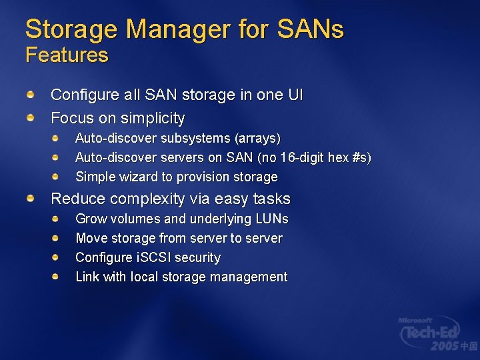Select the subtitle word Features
(67, 55)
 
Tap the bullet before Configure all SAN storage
(31, 95)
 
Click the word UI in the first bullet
(295, 95)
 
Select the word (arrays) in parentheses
(257, 139)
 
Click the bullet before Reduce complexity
(31, 199)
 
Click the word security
(198, 257)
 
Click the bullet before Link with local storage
(57, 276)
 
